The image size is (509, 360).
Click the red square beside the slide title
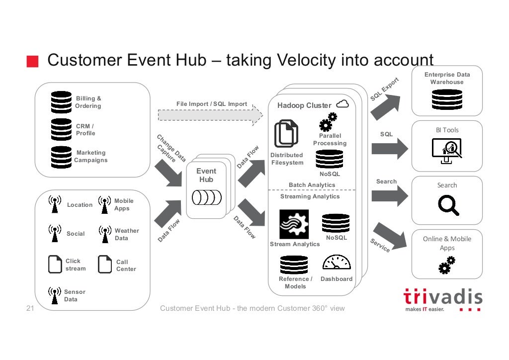(32, 61)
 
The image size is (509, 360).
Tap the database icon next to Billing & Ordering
(61, 102)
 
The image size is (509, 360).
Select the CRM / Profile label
(85, 130)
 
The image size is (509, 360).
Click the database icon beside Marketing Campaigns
(61, 157)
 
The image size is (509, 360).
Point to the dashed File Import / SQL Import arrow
(210, 115)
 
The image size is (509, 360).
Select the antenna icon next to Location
(54, 204)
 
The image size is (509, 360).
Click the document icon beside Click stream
(55, 264)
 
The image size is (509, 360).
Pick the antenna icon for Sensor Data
(54, 294)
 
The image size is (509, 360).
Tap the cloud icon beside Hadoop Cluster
(342, 104)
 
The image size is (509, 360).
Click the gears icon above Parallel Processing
(329, 121)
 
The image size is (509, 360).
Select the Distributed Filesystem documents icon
(286, 133)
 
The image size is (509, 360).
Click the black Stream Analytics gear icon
(294, 224)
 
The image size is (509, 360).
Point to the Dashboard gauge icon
(337, 263)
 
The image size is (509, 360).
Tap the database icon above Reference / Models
(294, 265)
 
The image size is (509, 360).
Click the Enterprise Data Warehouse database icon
(447, 99)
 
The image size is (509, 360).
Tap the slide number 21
(29, 309)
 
